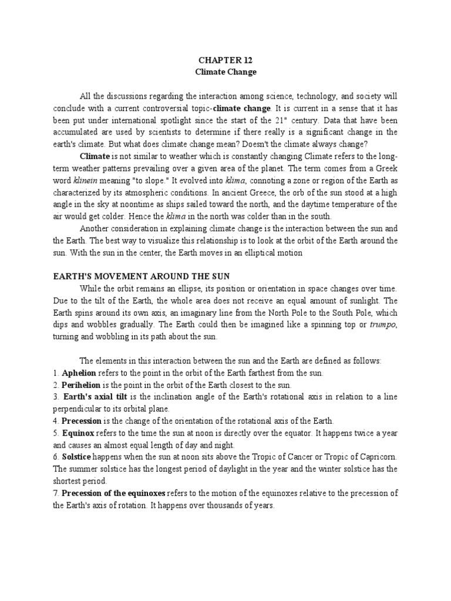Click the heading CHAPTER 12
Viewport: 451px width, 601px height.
(x=225, y=60)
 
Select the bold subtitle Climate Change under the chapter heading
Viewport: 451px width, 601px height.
(x=225, y=72)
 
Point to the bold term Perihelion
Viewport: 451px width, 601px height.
(x=81, y=384)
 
